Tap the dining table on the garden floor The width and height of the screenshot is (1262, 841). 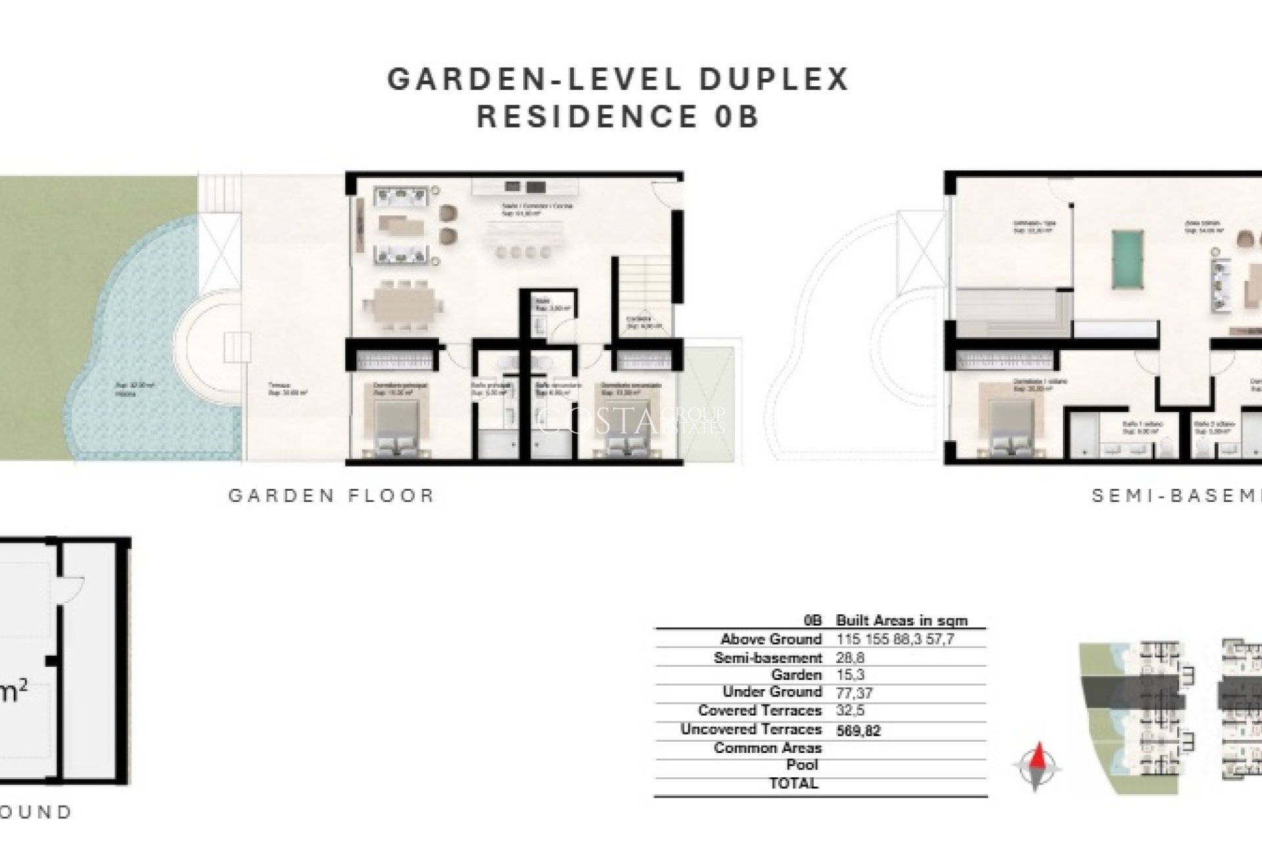(402, 306)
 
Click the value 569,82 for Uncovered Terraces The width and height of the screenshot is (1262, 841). (858, 731)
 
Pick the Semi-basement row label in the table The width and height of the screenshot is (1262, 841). (768, 658)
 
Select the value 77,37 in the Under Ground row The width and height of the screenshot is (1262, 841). (854, 693)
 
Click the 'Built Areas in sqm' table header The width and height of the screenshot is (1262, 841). (901, 620)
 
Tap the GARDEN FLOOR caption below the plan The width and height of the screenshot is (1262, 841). (331, 495)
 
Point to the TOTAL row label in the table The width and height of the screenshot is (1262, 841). (793, 783)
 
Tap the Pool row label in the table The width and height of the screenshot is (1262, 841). (802, 765)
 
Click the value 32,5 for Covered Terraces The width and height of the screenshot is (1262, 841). (851, 711)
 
